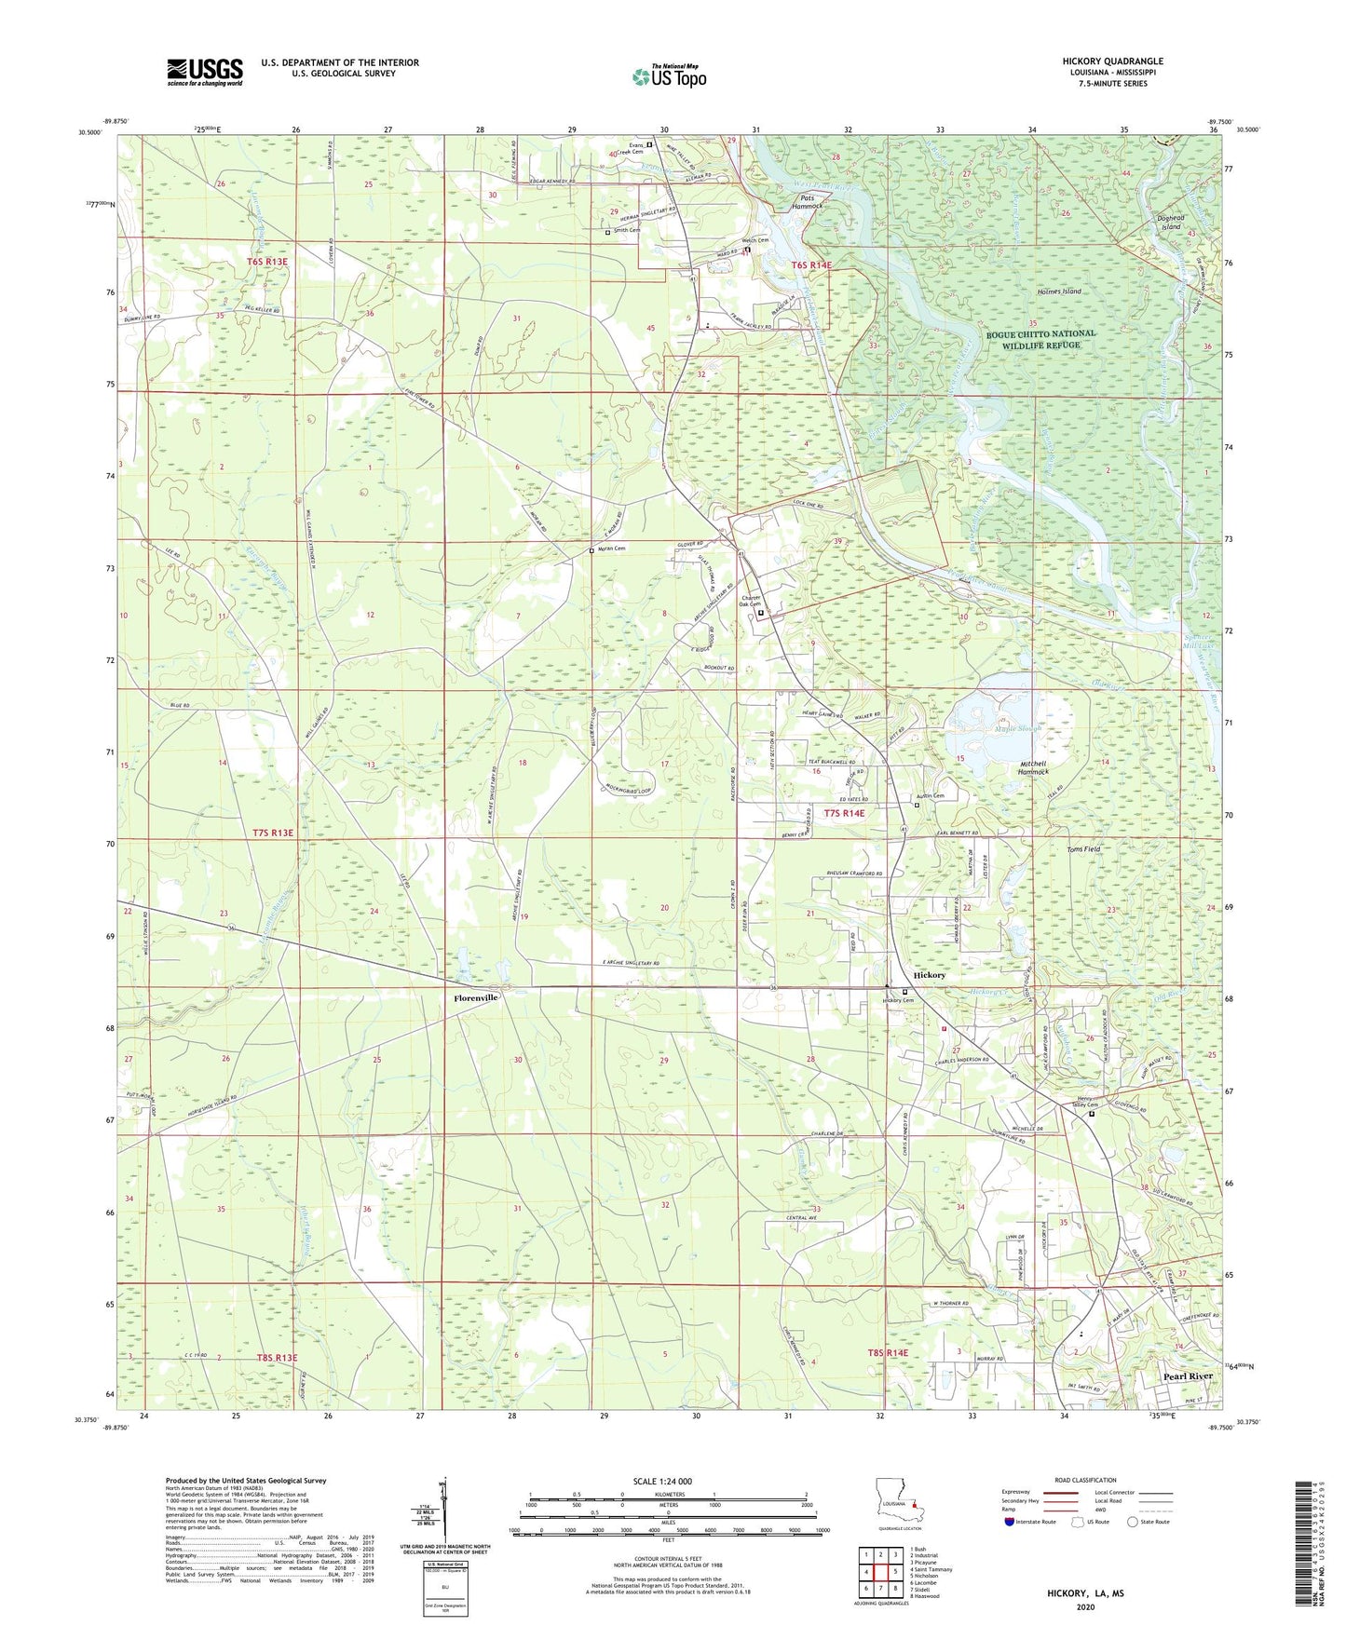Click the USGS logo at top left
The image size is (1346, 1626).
tap(205, 71)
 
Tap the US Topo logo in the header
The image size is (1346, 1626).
tap(668, 76)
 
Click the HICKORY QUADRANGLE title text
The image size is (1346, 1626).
tap(1112, 61)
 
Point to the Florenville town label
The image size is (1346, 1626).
tap(475, 997)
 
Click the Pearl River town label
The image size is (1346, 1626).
tap(1188, 1375)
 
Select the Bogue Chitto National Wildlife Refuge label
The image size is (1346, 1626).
tap(1041, 339)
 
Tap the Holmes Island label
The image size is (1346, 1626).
tap(1059, 291)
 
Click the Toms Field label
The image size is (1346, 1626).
tap(1083, 849)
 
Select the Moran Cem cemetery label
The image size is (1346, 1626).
tap(611, 549)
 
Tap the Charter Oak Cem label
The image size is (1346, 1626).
tap(751, 602)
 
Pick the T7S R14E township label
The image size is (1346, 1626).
tap(838, 813)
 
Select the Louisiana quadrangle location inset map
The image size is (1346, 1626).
tap(899, 1502)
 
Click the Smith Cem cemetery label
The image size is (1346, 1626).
tap(626, 231)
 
